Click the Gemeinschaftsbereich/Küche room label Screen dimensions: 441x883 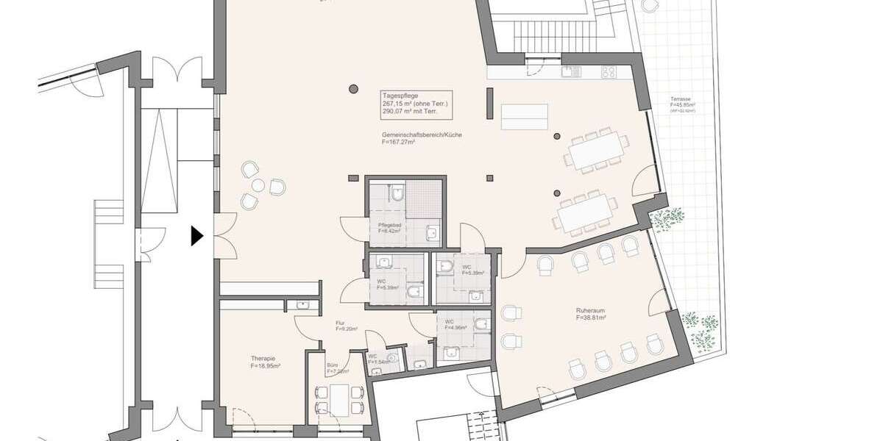tap(421, 139)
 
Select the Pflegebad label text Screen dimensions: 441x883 tap(389, 226)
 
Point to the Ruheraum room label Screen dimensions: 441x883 tap(590, 314)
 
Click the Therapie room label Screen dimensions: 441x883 tap(265, 362)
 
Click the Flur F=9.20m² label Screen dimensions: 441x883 tap(346, 326)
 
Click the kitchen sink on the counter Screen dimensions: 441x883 tap(570, 72)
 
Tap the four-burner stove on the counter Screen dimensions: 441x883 tap(609, 72)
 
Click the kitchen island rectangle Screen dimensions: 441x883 tap(525, 115)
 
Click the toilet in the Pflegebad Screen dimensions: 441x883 tap(398, 193)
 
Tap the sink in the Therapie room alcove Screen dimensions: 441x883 tap(302, 304)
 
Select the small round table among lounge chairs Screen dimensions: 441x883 tap(260, 185)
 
